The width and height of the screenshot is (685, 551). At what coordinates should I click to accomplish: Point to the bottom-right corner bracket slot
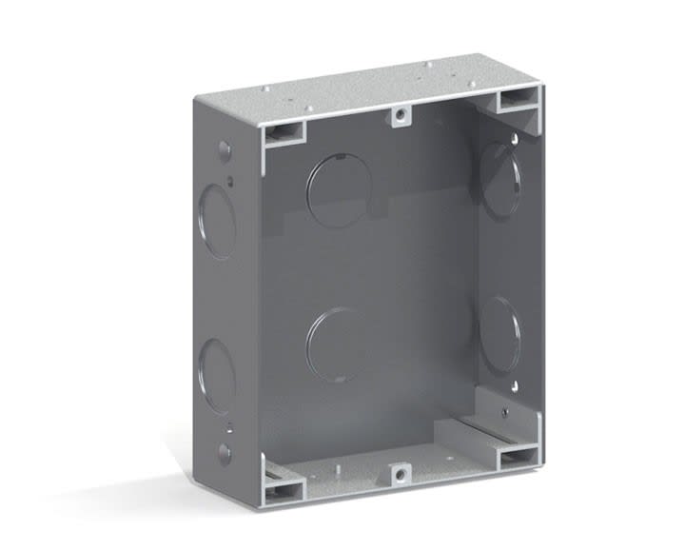point(519,457)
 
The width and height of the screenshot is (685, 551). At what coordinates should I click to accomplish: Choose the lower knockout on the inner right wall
point(500,335)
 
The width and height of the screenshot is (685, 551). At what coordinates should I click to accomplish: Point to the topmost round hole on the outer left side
point(224,150)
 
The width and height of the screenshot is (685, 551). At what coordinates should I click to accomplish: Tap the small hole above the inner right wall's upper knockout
point(515,140)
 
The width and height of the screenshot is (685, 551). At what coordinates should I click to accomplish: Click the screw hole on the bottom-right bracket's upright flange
point(505,413)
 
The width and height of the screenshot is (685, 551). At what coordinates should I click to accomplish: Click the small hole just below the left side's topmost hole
point(230,178)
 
